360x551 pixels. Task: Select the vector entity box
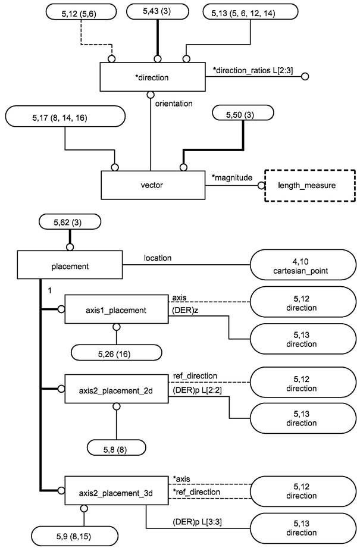(x=152, y=185)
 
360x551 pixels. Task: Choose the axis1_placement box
(x=117, y=309)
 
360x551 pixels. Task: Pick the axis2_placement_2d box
(x=117, y=389)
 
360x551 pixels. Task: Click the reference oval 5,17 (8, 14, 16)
(x=64, y=118)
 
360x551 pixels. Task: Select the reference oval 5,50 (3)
(x=242, y=113)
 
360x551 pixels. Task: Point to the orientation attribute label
(x=174, y=104)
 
